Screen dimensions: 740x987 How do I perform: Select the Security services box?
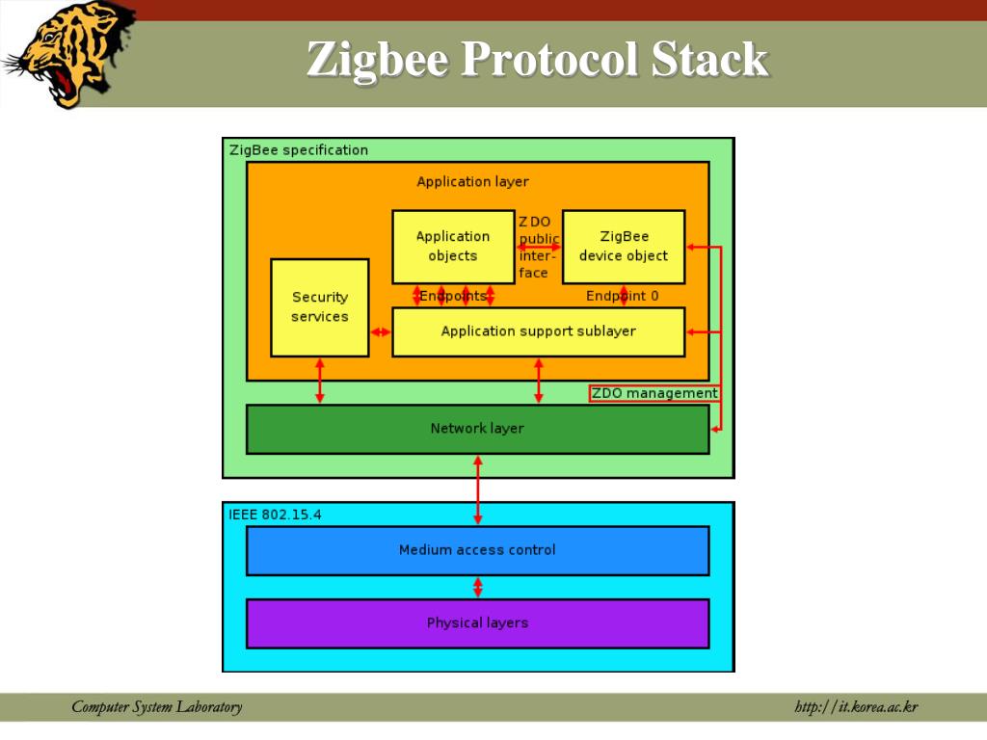pos(320,307)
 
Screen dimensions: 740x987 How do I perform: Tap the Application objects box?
pos(453,246)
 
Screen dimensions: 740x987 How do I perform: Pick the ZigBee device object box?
pos(624,246)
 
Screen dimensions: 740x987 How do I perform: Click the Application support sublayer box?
pos(539,331)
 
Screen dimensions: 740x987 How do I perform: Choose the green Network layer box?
pos(477,429)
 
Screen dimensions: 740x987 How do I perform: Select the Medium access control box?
pos(477,550)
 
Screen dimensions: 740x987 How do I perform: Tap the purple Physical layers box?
pos(477,623)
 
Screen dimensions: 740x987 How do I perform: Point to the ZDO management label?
pos(654,393)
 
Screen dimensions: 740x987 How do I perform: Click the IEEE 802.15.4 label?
pos(276,515)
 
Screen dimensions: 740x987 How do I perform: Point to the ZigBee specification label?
pos(299,150)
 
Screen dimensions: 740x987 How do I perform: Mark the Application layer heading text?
pos(472,181)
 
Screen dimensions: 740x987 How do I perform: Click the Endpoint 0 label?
pos(623,296)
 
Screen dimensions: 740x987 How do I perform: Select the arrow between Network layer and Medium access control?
pos(477,489)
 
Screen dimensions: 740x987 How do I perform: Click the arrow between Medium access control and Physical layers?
pos(477,587)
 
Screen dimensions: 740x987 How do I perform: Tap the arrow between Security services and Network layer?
pos(320,381)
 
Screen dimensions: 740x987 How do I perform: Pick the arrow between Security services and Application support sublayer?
pos(381,332)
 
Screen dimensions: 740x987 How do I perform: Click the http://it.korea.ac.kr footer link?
pos(856,708)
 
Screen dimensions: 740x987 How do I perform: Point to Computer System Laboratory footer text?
pos(157,708)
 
